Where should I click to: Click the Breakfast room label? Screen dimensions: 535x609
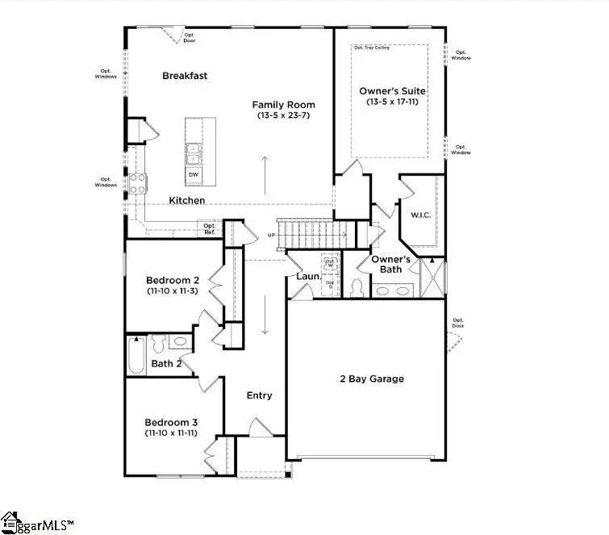point(185,76)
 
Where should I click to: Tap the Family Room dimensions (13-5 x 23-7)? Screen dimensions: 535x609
point(283,115)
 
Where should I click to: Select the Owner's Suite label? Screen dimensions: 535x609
point(392,91)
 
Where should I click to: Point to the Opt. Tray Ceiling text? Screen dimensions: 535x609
point(372,48)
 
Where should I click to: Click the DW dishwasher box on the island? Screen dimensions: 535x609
point(194,174)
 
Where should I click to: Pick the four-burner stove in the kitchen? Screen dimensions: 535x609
point(136,183)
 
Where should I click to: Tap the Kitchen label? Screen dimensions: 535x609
point(186,200)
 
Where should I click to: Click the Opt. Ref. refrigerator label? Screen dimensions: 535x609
point(209,229)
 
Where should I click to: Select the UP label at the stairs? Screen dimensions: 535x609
point(273,236)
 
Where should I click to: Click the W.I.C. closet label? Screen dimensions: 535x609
point(419,215)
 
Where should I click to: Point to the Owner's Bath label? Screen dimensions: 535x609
point(391,264)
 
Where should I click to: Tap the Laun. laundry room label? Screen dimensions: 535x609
point(309,277)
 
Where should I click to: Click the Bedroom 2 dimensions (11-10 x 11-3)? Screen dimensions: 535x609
point(173,290)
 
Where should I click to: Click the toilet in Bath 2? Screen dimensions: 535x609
point(158,344)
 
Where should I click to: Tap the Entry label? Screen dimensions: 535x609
point(259,395)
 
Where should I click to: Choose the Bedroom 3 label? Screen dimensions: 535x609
point(171,422)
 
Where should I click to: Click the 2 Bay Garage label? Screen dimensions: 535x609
point(372,378)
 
